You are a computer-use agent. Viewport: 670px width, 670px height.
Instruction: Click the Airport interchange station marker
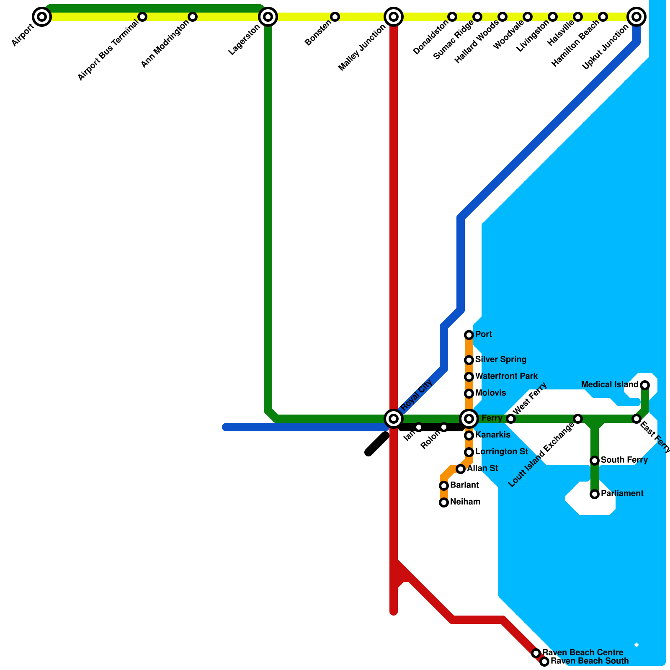click(x=42, y=17)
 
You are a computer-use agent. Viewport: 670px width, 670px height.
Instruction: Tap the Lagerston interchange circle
click(x=268, y=17)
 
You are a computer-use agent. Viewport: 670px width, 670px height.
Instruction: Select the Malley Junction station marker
click(x=394, y=17)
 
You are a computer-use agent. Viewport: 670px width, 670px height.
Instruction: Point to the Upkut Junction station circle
click(x=636, y=17)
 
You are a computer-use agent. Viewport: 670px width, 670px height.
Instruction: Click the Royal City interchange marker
click(x=394, y=418)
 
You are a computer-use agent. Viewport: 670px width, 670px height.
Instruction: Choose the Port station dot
click(x=469, y=335)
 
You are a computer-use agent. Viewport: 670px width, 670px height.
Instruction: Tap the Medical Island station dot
click(x=645, y=385)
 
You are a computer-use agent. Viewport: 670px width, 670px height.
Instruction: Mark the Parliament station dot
click(x=595, y=494)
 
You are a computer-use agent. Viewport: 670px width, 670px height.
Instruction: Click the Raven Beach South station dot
click(x=544, y=662)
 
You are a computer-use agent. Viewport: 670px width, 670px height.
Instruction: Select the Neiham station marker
click(x=444, y=502)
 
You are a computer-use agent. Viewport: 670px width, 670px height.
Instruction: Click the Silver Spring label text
click(x=501, y=359)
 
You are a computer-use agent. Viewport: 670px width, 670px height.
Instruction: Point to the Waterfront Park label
click(x=506, y=376)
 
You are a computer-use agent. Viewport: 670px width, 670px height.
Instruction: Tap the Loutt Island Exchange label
click(x=541, y=455)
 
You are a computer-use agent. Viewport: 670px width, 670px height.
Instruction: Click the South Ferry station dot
click(x=595, y=461)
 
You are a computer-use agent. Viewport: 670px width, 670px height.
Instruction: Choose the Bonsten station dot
click(x=335, y=17)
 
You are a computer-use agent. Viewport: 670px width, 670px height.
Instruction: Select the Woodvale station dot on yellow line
click(x=528, y=17)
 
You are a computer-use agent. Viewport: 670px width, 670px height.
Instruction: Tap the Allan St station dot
click(x=461, y=469)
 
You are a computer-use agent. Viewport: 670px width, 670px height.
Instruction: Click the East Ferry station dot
click(x=636, y=419)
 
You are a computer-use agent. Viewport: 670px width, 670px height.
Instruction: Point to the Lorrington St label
click(x=502, y=451)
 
